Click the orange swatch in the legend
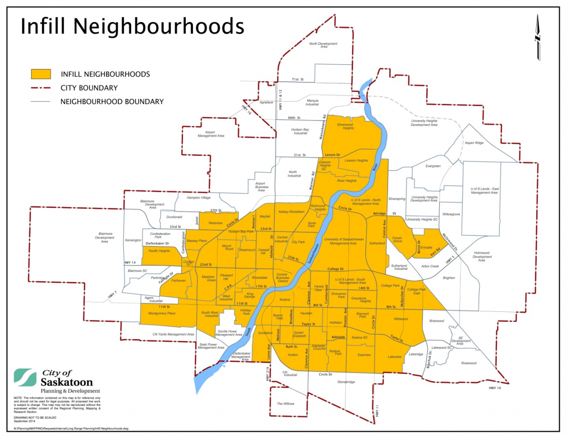41,74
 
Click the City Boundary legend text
89,88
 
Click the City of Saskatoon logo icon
25,377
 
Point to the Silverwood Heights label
345,126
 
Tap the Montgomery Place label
162,313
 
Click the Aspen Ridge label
474,143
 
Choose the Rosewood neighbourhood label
469,363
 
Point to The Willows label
285,404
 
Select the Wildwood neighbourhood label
400,319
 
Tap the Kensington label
133,240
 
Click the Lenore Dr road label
333,155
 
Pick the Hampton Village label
199,198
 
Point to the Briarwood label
437,321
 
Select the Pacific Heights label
159,251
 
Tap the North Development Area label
324,45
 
